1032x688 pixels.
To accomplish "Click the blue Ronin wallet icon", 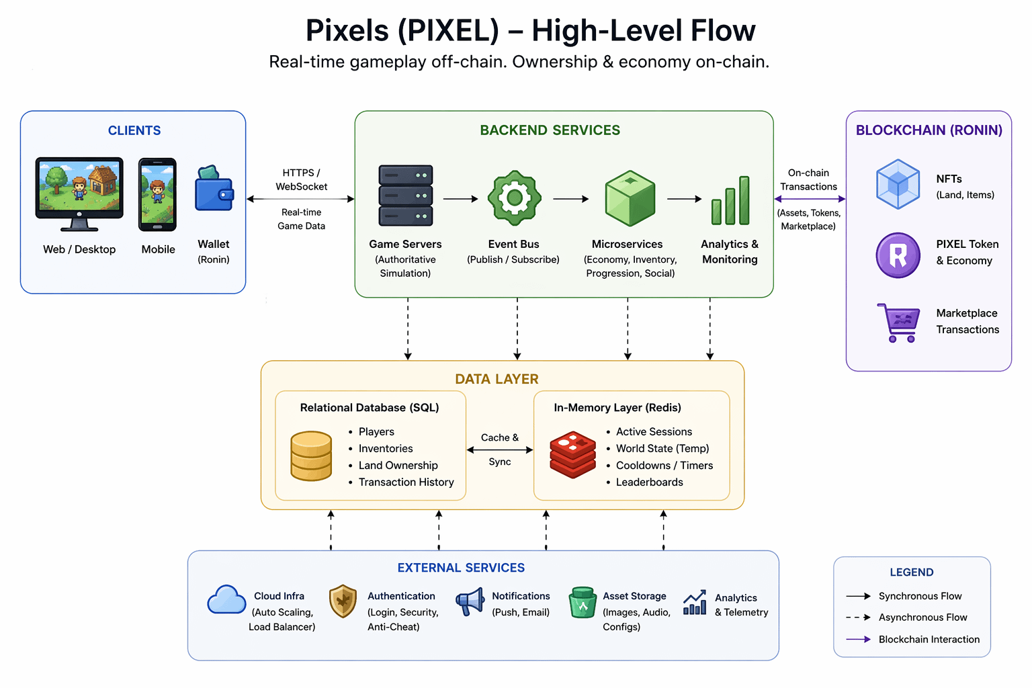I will [x=214, y=190].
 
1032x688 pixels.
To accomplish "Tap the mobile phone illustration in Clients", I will [x=157, y=194].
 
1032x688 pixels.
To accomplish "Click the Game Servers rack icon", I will [x=406, y=196].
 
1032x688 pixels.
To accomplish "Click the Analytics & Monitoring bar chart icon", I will [x=730, y=201].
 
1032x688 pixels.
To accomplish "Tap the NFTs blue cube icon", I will [x=898, y=184].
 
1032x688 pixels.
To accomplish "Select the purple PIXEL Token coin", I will [x=898, y=255].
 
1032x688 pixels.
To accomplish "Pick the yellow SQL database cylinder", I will [x=311, y=456].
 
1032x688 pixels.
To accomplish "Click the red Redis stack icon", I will [x=572, y=455].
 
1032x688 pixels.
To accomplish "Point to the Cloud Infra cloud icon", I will [x=226, y=600].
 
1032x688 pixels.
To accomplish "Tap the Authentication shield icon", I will [x=343, y=601].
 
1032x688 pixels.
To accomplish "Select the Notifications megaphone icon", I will [x=470, y=601].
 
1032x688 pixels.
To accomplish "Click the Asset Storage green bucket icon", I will [x=583, y=603].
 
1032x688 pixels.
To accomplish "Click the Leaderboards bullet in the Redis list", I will [x=649, y=482].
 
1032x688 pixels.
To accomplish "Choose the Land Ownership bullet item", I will [x=398, y=466].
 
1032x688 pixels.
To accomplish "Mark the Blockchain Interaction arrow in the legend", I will [x=858, y=640].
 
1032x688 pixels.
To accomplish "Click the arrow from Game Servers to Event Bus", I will [x=460, y=199].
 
